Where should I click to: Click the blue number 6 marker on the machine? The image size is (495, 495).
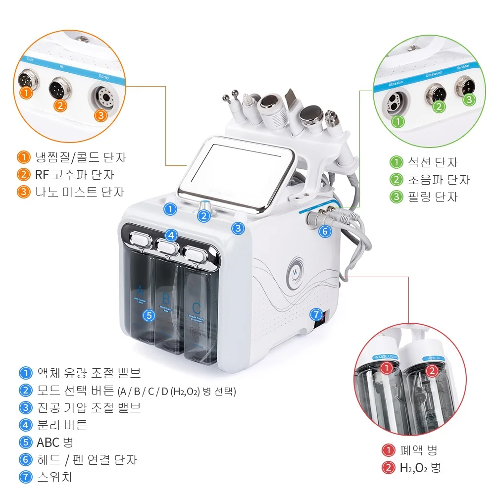pos(325,231)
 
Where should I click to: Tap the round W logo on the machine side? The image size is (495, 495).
pos(296,271)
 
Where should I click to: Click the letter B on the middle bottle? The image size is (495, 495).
pos(166,298)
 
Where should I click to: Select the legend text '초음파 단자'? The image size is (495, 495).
pos(437,179)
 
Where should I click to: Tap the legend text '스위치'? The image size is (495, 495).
pos(54,477)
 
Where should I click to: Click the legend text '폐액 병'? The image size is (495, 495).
pos(418,450)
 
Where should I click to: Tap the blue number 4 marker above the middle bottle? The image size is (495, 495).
pos(171,236)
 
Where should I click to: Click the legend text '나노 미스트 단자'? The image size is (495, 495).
pos(79,192)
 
